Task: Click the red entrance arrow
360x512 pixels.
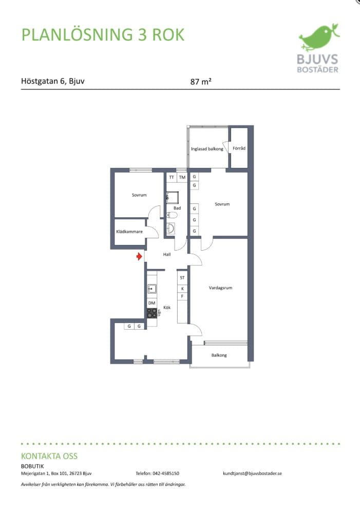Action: click(x=140, y=257)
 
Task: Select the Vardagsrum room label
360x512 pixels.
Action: click(x=220, y=288)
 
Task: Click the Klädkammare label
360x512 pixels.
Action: click(x=129, y=232)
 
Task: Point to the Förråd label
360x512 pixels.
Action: click(x=239, y=148)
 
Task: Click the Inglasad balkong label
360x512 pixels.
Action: click(x=207, y=149)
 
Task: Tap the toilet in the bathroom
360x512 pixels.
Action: click(x=172, y=215)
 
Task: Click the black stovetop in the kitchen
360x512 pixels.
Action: click(x=152, y=313)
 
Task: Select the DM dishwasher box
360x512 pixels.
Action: click(x=152, y=303)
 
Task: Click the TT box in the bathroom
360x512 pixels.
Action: click(x=172, y=177)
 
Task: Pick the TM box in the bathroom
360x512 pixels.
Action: click(x=182, y=177)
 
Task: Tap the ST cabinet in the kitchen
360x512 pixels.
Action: click(x=182, y=278)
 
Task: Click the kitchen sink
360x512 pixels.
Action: click(x=152, y=289)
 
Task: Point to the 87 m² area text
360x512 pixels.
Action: click(x=201, y=81)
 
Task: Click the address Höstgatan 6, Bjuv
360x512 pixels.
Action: click(x=52, y=81)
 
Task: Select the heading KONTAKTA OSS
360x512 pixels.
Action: click(x=49, y=456)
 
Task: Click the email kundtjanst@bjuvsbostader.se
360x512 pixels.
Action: click(x=252, y=473)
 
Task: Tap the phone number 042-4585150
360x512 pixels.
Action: click(x=166, y=473)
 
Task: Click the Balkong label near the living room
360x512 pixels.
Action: click(x=219, y=355)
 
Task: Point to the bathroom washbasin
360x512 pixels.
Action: click(x=170, y=228)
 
